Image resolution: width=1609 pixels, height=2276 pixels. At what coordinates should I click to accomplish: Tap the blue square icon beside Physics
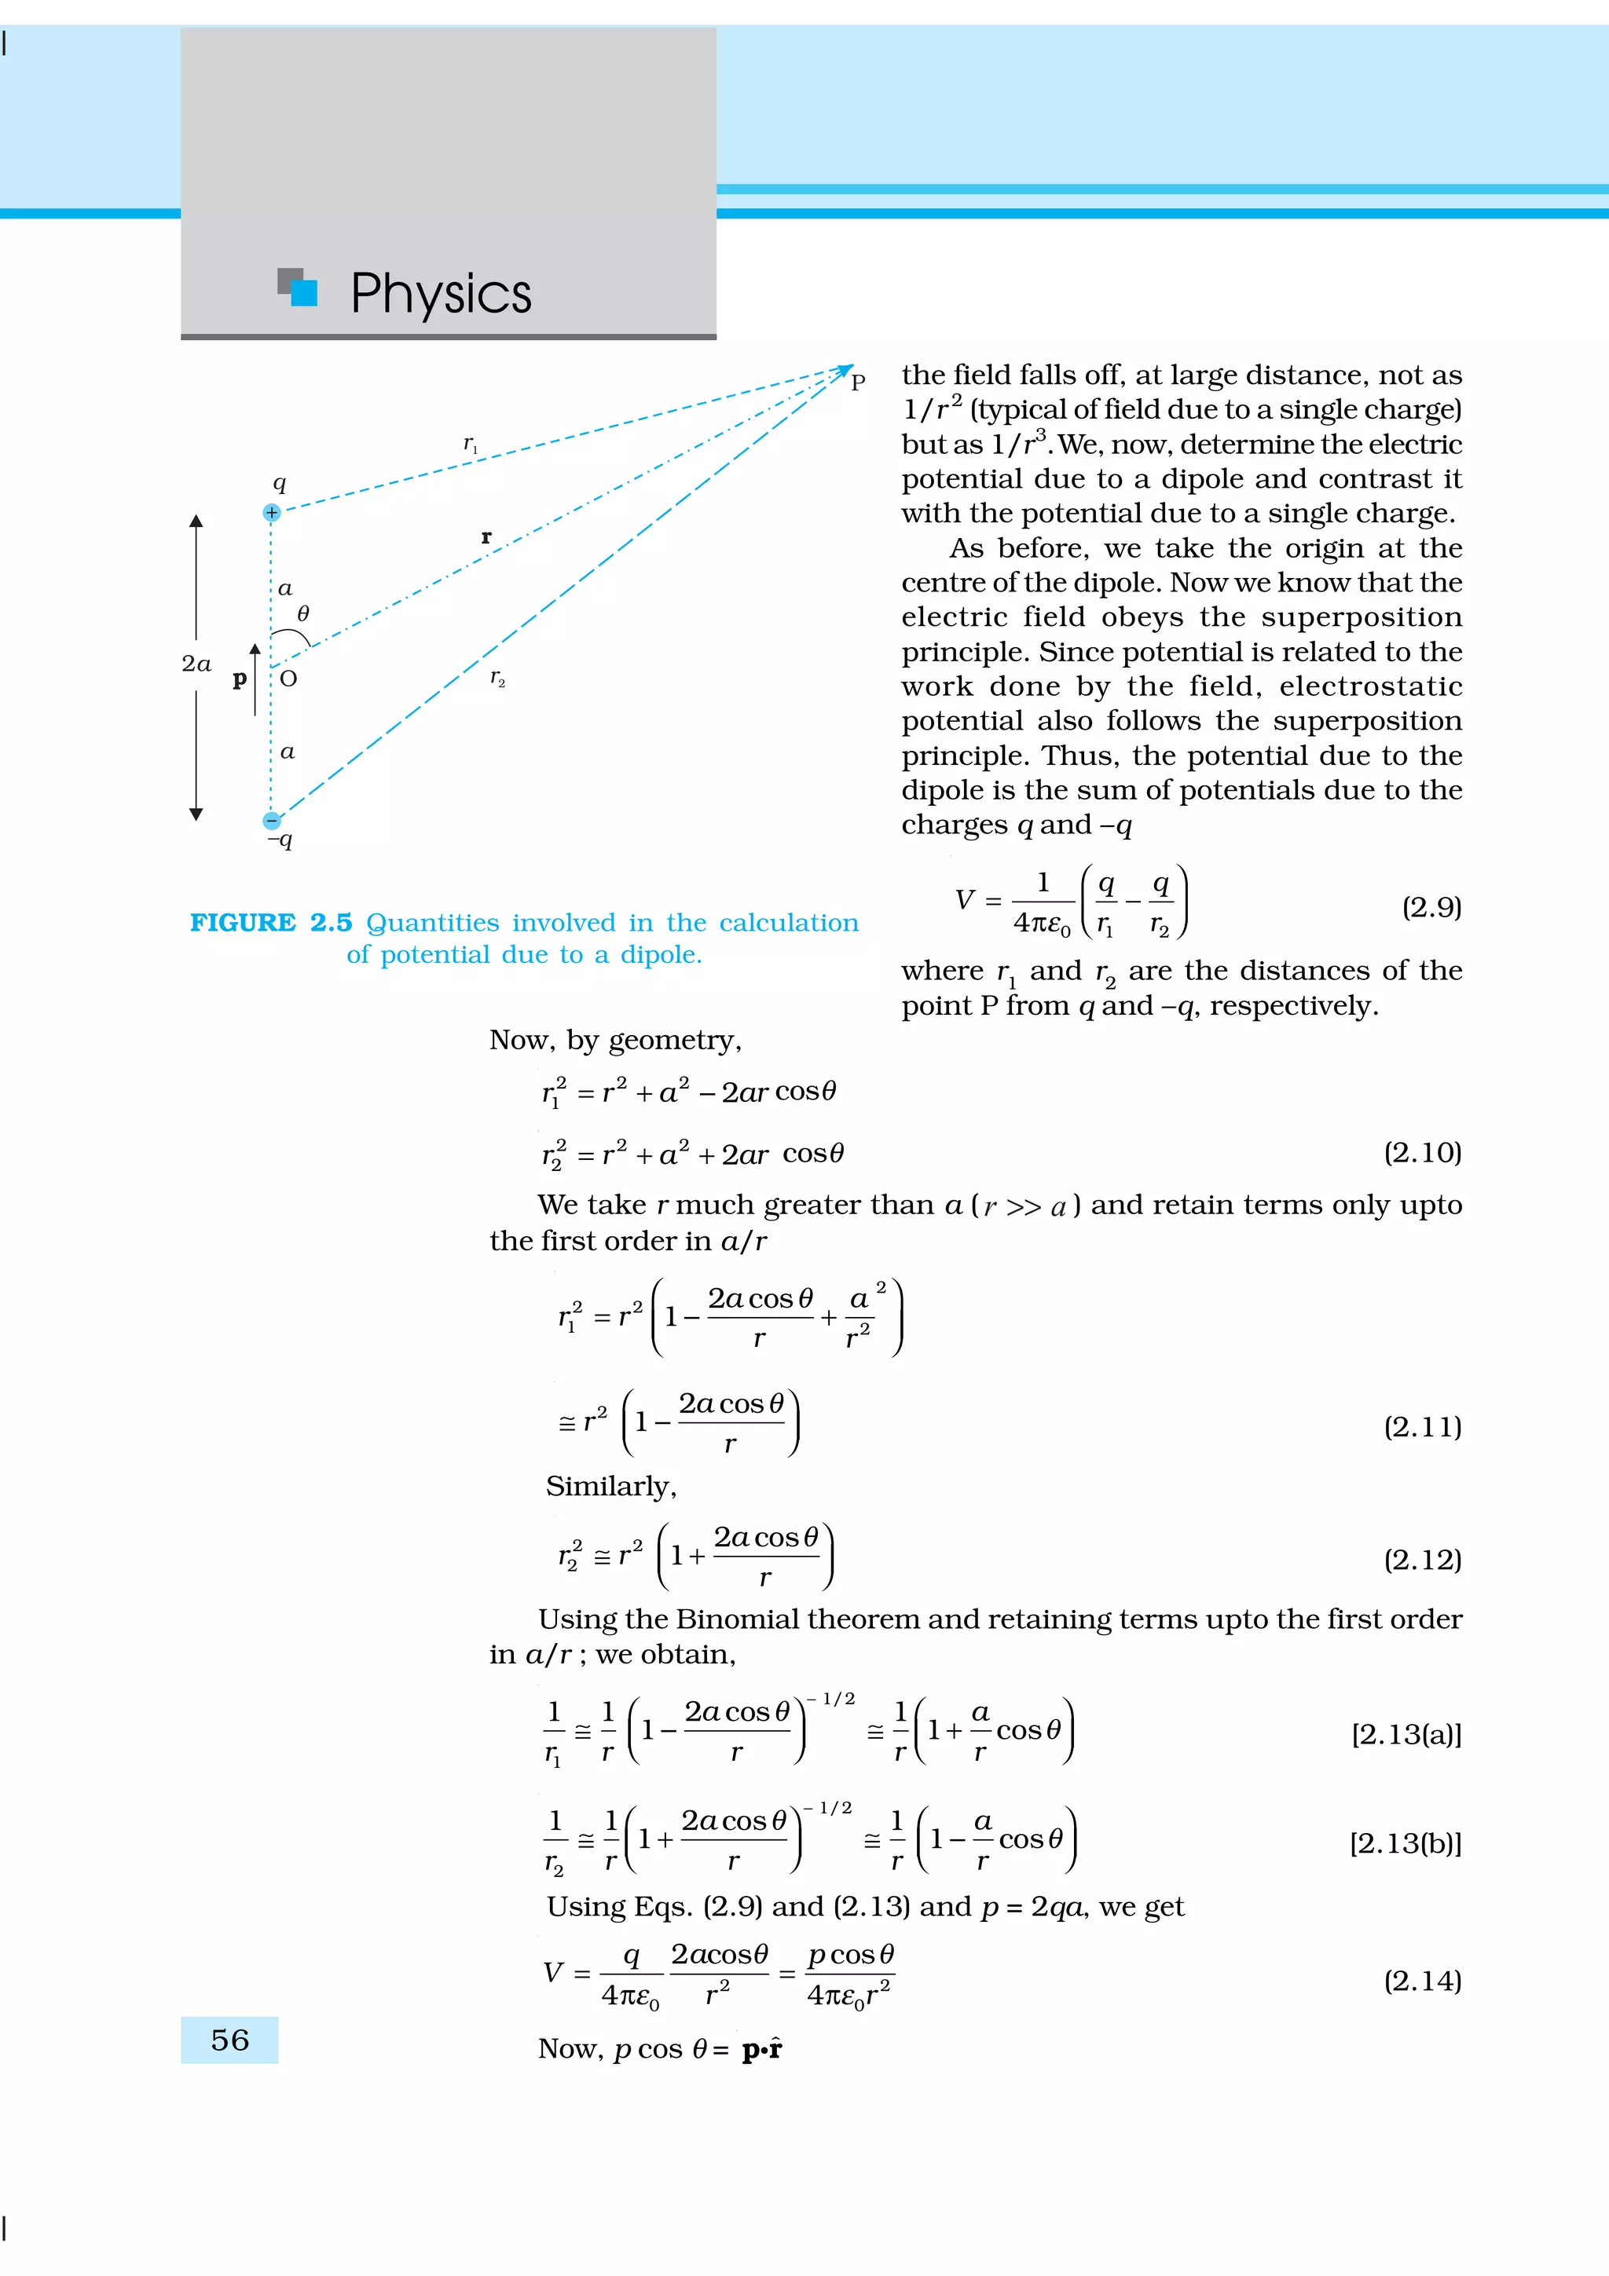tap(303, 292)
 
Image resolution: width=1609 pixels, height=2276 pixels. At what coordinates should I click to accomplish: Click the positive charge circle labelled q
tap(272, 513)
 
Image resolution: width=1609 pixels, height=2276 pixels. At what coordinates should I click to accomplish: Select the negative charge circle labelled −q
tap(272, 820)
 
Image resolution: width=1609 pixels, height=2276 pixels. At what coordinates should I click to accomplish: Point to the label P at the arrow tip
tap(859, 382)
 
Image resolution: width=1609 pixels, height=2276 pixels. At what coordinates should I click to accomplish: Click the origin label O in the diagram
tap(288, 679)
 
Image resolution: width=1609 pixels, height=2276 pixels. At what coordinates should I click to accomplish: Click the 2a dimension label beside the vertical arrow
tap(196, 664)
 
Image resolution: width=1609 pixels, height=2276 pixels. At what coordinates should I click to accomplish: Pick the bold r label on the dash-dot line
tap(486, 536)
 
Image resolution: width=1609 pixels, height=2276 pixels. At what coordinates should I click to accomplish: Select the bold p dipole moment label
tap(239, 680)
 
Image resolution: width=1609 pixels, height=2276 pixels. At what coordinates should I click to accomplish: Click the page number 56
tap(230, 2040)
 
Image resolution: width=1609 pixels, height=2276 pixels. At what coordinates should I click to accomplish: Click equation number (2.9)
tap(1431, 907)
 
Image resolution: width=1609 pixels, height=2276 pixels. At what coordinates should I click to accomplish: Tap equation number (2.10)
tap(1422, 1153)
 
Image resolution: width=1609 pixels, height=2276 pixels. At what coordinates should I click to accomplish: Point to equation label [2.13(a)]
tap(1405, 1734)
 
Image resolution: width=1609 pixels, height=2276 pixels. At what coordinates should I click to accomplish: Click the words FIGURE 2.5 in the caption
tap(270, 923)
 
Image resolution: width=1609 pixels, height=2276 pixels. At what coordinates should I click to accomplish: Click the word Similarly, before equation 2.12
tap(610, 1486)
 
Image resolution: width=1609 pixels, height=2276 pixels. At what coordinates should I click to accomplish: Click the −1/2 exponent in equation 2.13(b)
tap(829, 1808)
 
